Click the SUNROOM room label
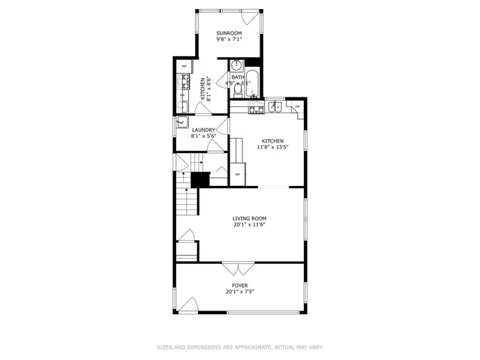pos(229,34)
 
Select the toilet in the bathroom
pos(237,89)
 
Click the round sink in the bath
pos(235,64)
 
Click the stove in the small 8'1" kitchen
pos(182,80)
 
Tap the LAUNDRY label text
pos(203,130)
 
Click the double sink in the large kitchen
pos(274,106)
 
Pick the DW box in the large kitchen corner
pos(298,106)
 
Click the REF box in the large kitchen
pos(238,175)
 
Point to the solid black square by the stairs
pos(199,180)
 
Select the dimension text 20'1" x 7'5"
pos(239,292)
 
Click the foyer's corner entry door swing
pos(189,306)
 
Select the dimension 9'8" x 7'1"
pos(229,40)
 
